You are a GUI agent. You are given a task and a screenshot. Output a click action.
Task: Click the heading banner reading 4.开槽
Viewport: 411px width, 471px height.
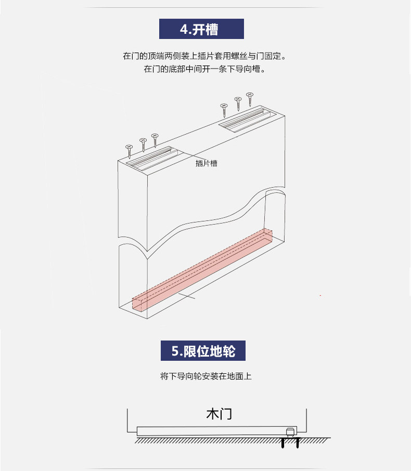click(201, 29)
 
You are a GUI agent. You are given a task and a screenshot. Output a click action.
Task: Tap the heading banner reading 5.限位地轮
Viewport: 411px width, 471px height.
click(203, 350)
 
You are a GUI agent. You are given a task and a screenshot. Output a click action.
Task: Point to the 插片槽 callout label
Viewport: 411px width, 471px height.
click(206, 163)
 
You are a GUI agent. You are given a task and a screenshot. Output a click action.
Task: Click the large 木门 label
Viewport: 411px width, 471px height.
click(219, 414)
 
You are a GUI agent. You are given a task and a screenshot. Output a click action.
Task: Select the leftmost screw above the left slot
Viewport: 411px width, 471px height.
click(130, 151)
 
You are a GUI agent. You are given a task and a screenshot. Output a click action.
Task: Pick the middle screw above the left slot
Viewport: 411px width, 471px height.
click(143, 145)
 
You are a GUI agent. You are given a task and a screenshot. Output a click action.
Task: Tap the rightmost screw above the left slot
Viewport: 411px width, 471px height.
click(155, 140)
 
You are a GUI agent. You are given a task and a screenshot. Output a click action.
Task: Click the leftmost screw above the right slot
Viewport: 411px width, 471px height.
click(224, 110)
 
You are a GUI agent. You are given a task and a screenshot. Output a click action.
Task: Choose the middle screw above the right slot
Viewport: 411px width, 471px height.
click(238, 104)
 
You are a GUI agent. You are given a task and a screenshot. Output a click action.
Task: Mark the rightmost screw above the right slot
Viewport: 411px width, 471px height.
click(250, 99)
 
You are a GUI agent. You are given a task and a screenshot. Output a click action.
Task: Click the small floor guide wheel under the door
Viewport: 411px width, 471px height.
click(290, 433)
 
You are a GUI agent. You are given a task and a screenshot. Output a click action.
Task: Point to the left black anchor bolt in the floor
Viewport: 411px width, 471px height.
click(282, 443)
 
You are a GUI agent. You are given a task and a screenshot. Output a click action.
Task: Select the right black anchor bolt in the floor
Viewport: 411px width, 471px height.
click(298, 443)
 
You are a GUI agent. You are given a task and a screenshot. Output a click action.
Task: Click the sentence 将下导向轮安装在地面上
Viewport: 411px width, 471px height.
click(206, 376)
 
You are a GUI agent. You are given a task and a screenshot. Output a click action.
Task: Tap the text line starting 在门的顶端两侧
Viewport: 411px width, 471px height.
click(204, 56)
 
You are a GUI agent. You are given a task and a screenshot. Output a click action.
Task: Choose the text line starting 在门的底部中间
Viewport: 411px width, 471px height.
click(205, 69)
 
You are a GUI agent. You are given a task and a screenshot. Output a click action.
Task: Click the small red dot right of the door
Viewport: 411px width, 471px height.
click(320, 296)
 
